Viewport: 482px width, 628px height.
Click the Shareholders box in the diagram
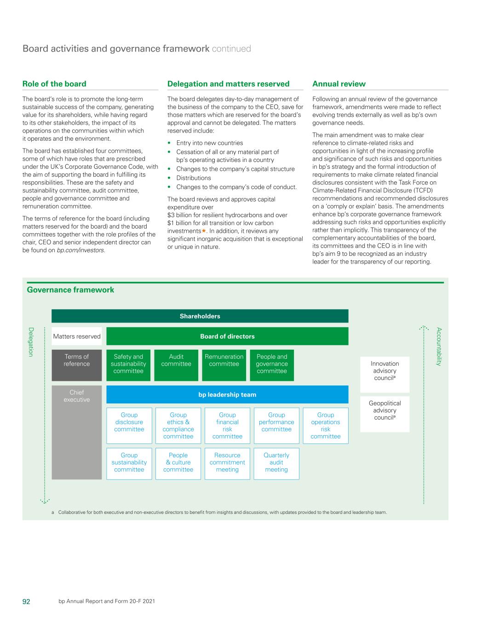[200, 316]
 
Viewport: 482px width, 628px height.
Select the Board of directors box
[227, 336]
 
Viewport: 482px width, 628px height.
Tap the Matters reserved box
[77, 336]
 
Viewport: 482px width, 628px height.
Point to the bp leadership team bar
[227, 395]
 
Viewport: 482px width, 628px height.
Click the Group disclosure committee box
[129, 426]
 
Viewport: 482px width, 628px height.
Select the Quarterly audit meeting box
[276, 464]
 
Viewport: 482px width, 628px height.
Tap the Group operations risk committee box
[326, 426]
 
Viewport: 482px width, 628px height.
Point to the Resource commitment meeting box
[227, 464]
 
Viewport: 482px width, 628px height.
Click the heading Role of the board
[54, 84]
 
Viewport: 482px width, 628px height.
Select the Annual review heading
[339, 84]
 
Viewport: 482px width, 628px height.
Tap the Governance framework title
[70, 290]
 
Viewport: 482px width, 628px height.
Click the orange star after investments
[204, 231]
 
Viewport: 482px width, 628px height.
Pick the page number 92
[27, 601]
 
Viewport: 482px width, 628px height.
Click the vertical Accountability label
[439, 346]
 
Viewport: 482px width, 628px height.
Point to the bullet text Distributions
[194, 178]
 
